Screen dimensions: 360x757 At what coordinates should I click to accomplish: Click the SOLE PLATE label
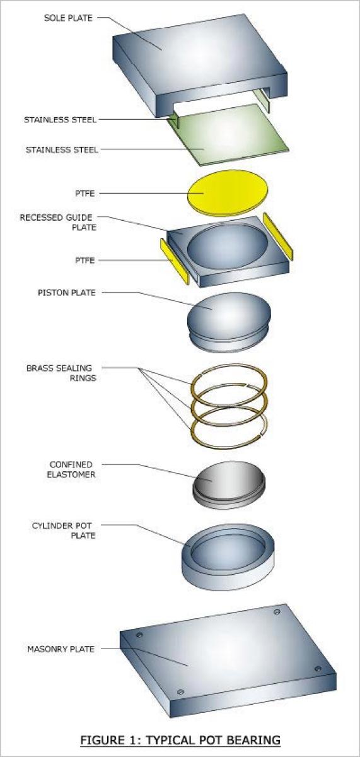tap(68, 18)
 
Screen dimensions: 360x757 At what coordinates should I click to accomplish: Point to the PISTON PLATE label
tap(67, 292)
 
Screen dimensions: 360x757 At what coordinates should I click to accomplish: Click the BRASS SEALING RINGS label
tap(61, 373)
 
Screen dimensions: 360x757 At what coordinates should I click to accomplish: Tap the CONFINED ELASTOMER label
tap(71, 469)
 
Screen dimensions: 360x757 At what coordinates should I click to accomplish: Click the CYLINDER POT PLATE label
tap(64, 531)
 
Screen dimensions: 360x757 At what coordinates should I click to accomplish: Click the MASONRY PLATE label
tap(61, 649)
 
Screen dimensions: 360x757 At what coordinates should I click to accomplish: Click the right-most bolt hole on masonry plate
tap(318, 669)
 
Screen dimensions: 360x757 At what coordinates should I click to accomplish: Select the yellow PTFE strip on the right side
tap(278, 236)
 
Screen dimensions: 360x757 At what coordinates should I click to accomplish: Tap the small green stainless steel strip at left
tap(174, 120)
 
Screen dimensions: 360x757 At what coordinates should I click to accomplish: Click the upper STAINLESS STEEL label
tap(60, 120)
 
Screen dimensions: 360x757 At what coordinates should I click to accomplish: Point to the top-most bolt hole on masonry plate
tap(277, 612)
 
